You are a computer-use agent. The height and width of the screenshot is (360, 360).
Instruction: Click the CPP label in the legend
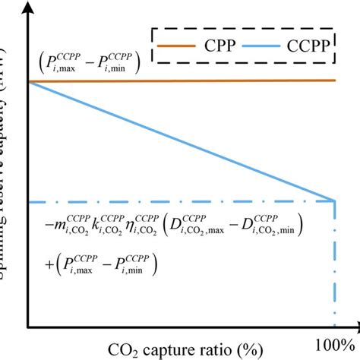[215, 47]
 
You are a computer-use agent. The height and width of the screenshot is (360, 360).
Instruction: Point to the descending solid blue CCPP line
[182, 141]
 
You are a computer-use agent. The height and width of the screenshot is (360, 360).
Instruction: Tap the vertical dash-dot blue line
[335, 266]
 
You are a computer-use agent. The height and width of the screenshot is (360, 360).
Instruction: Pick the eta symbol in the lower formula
[143, 226]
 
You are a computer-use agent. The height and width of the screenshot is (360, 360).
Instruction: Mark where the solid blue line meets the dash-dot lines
[335, 201]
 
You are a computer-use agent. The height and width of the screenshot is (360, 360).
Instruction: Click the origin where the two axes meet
[28, 327]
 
